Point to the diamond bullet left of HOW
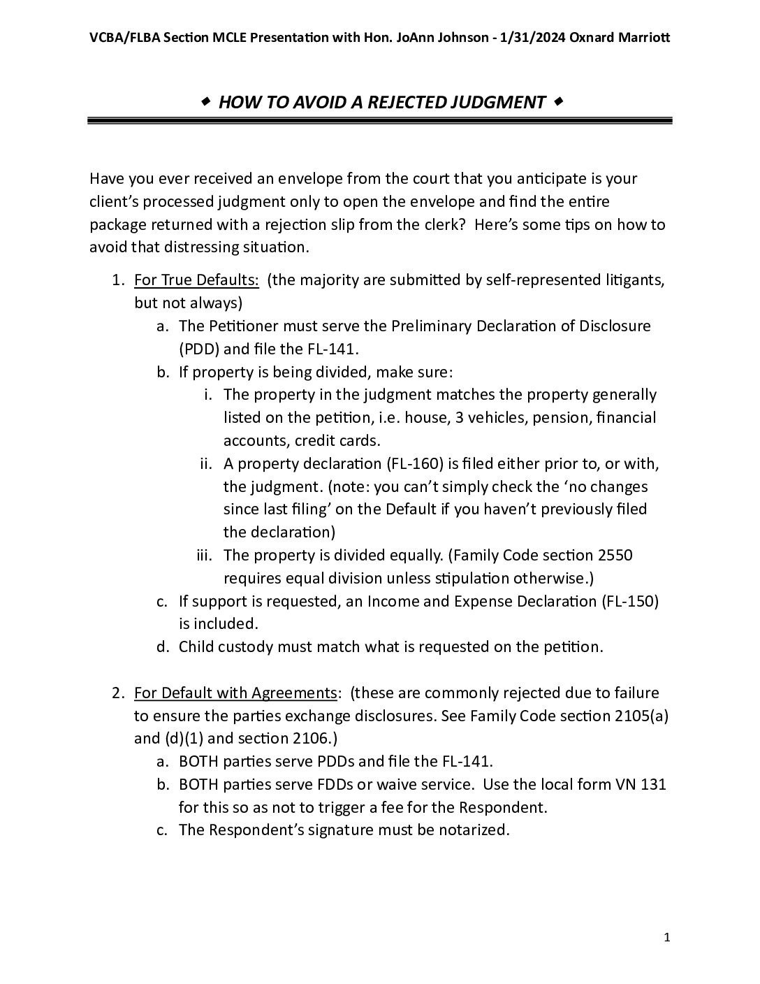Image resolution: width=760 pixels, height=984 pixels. pos(206,103)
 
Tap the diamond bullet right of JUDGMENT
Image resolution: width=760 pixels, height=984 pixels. pos(557,103)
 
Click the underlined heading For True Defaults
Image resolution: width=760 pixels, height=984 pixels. pos(196,280)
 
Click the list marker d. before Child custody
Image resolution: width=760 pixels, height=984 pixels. pos(163,647)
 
